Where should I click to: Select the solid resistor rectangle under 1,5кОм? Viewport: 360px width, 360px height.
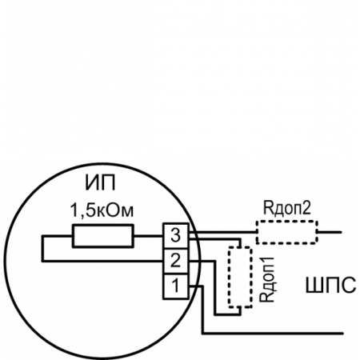pyautogui.click(x=102, y=237)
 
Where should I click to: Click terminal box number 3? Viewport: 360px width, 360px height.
pyautogui.click(x=175, y=237)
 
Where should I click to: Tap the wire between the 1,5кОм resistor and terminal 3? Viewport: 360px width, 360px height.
pyautogui.click(x=148, y=237)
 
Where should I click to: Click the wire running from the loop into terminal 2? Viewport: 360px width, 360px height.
pyautogui.click(x=104, y=259)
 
